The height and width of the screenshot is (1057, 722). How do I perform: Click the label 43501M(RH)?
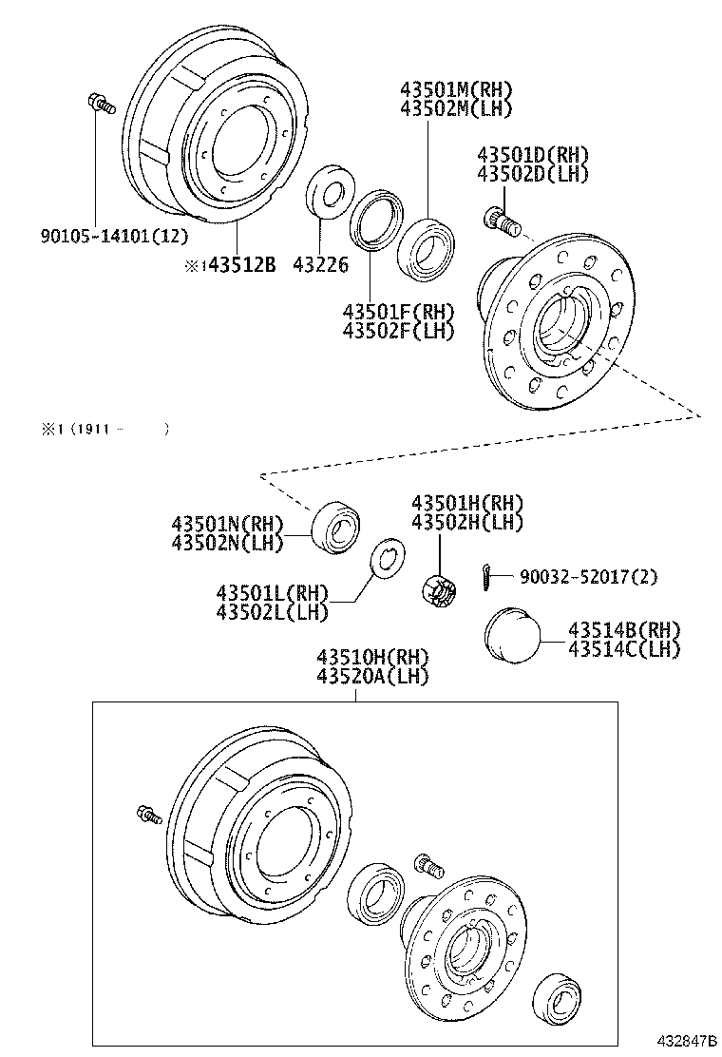pos(456,90)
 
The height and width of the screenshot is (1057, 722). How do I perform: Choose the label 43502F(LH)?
pos(399,330)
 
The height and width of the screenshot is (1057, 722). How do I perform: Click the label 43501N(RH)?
pos(228,523)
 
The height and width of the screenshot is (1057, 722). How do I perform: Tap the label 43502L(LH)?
pos(273,611)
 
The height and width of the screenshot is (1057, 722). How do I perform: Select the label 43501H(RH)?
pos(466,503)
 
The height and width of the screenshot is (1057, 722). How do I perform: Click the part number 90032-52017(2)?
pos(588,577)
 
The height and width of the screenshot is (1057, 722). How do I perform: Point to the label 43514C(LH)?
pos(624,648)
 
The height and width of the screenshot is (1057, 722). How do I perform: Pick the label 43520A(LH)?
pos(372,676)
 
